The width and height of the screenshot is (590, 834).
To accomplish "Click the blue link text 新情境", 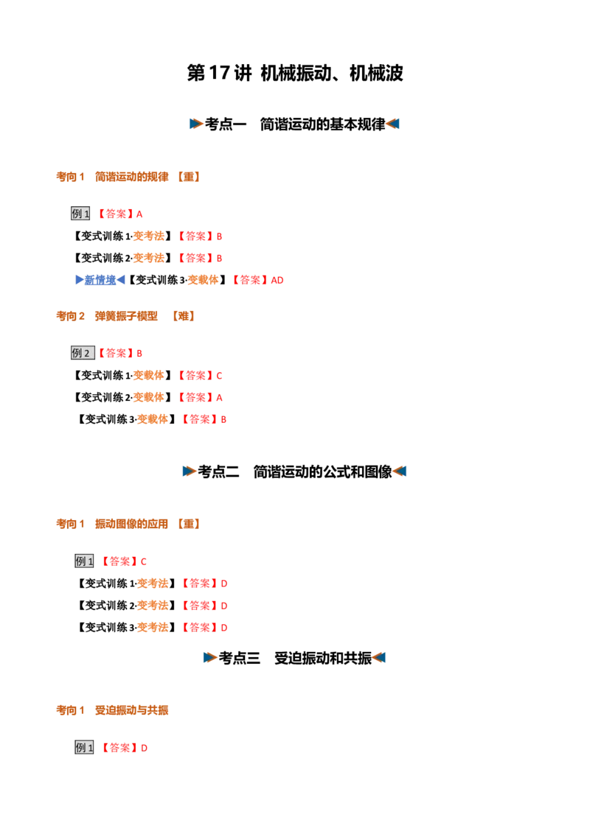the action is point(100,280).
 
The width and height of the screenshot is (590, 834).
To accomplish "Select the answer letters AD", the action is point(277,280).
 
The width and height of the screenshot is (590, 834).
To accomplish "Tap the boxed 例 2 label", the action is point(83,353).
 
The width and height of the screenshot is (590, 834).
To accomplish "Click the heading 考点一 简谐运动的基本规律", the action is point(295,125).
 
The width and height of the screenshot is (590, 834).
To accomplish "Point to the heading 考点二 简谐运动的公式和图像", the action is point(295,472).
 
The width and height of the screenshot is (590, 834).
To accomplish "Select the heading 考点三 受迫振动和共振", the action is point(295,659).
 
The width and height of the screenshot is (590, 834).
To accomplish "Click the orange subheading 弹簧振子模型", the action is point(126,317).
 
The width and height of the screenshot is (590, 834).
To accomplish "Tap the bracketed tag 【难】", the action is point(183,317).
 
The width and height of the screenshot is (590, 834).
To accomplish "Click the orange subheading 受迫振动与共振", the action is point(131,711).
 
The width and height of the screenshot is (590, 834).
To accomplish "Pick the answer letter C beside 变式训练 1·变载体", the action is point(219,376).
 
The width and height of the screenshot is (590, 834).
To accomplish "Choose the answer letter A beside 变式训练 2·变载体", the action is point(219,398).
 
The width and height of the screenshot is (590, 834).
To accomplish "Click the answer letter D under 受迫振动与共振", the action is point(144,749).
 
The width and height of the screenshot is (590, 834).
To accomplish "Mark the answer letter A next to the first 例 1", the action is point(139,214).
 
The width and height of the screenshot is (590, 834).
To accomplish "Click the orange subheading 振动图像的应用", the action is point(131,525).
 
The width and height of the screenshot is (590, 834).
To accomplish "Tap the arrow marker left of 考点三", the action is point(209,658).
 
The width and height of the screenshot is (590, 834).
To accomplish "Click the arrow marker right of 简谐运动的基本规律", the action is point(393,124).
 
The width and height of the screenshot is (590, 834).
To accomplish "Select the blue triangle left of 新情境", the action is point(80,280).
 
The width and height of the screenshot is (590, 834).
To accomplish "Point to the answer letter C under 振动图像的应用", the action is point(143,561).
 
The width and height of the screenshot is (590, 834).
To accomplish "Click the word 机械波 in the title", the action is point(376,73).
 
